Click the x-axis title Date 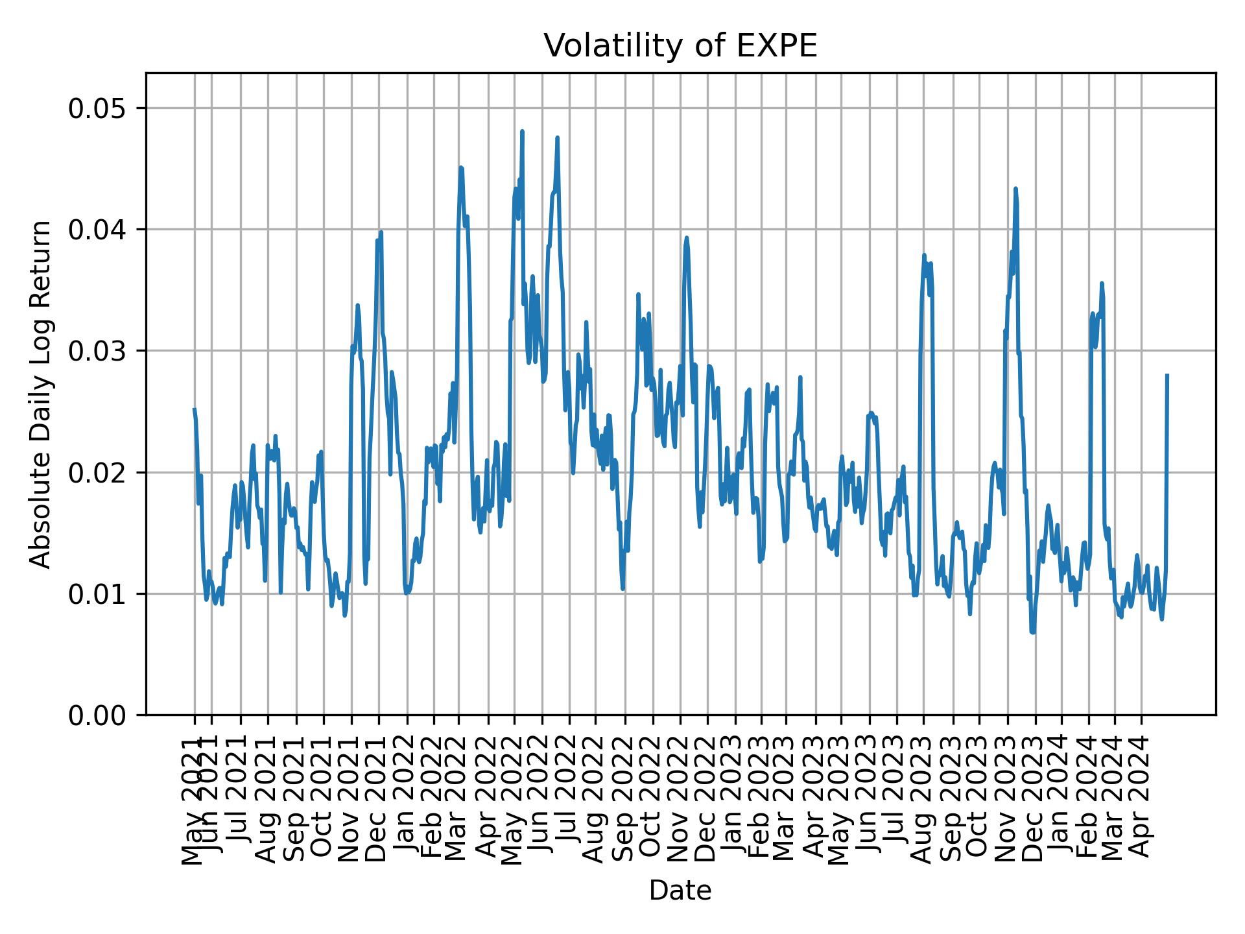point(680,891)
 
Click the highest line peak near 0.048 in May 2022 point(522,132)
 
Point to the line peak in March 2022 point(460,167)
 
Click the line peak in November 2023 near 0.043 point(1015,189)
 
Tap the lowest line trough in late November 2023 point(1032,632)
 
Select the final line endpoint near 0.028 point(1167,375)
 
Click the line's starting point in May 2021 point(194,409)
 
